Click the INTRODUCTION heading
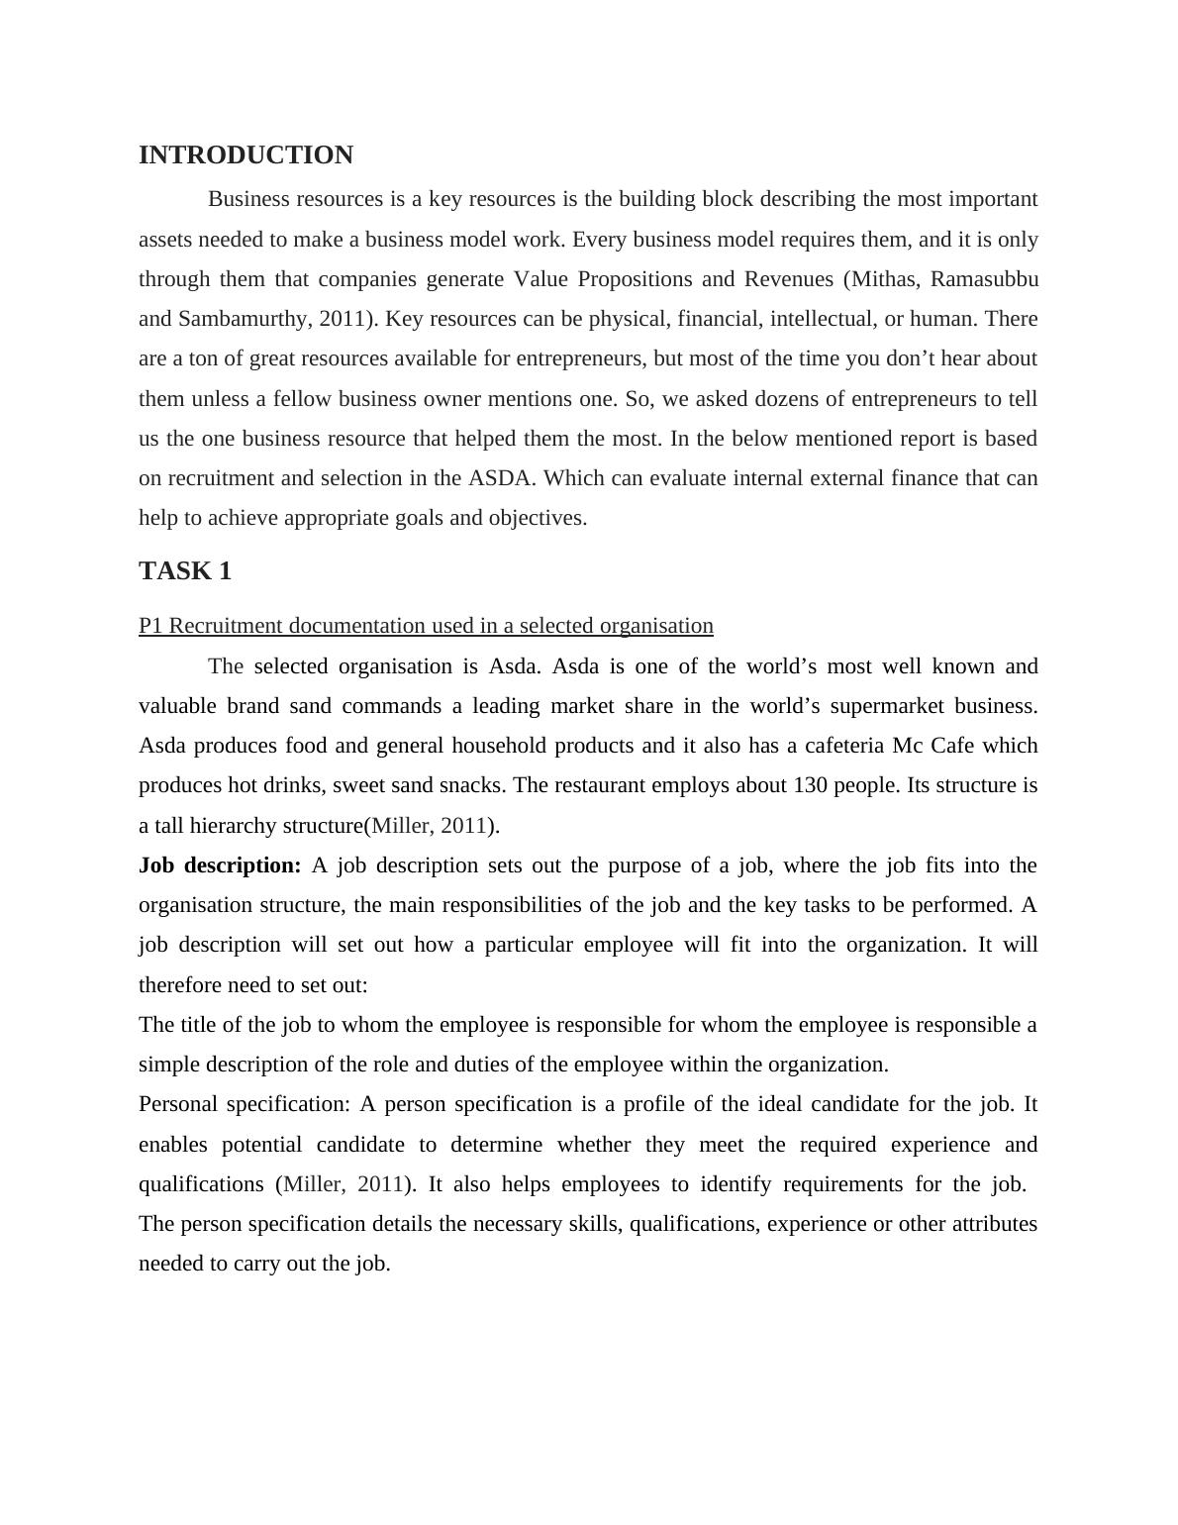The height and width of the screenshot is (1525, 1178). [x=245, y=155]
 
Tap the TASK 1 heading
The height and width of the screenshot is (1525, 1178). [x=185, y=571]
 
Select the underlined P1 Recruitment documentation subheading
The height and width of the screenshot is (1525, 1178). [x=426, y=626]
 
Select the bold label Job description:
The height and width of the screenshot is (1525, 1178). [x=220, y=865]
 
